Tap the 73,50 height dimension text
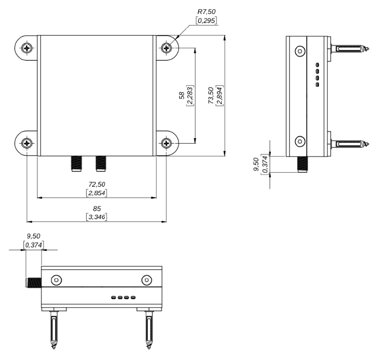pyautogui.click(x=211, y=95)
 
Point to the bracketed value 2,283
pyautogui.click(x=190, y=95)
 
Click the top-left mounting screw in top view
pyautogui.click(x=28, y=48)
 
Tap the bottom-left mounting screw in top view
pyautogui.click(x=28, y=144)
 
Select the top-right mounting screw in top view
pyautogui.click(x=167, y=48)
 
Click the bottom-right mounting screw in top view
pyautogui.click(x=167, y=144)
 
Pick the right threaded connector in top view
pyautogui.click(x=101, y=163)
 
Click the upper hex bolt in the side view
pyautogui.click(x=299, y=51)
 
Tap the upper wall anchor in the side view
pyautogui.click(x=350, y=48)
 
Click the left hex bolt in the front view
pyautogui.click(x=56, y=280)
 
